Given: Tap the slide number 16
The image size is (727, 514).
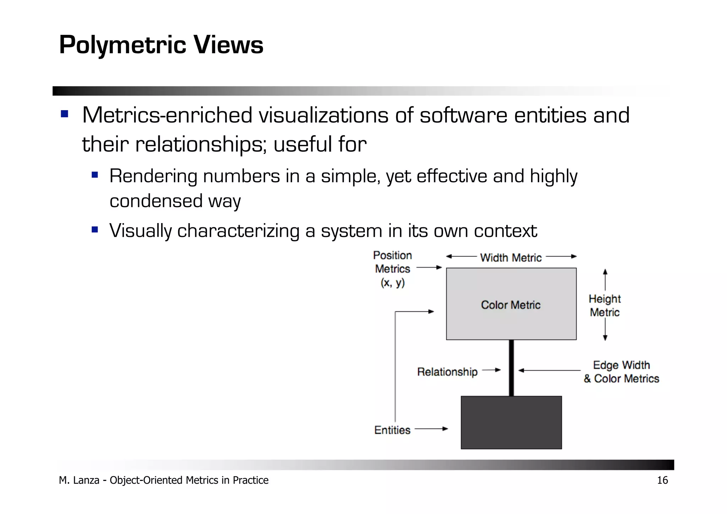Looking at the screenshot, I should click(x=662, y=480).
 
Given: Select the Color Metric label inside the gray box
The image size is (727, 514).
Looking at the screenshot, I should click(x=510, y=305).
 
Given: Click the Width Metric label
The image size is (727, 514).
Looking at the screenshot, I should click(x=511, y=258).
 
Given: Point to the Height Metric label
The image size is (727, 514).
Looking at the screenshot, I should click(x=605, y=305).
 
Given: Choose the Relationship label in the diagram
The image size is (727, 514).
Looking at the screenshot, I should click(x=447, y=372).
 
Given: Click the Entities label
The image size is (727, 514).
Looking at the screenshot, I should click(x=392, y=430).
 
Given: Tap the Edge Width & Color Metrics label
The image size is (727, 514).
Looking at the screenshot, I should click(x=621, y=372).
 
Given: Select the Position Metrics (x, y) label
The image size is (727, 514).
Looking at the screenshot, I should click(x=393, y=269).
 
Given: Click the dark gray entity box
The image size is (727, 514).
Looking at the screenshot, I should click(x=511, y=422).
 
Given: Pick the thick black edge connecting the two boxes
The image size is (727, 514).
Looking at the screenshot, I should click(x=511, y=368).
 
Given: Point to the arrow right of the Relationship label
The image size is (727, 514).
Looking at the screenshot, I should click(x=492, y=370).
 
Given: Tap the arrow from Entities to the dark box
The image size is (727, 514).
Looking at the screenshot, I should click(x=431, y=429).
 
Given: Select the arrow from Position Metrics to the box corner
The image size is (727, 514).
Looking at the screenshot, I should click(x=429, y=267).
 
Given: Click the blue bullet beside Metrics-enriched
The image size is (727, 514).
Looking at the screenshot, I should click(x=65, y=114).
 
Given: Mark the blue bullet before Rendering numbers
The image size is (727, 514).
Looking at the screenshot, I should click(x=94, y=175).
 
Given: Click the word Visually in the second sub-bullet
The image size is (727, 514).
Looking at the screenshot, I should click(x=141, y=231).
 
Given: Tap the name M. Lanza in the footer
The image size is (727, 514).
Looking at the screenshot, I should click(x=79, y=480).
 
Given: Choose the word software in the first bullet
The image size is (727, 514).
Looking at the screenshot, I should click(x=463, y=115).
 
